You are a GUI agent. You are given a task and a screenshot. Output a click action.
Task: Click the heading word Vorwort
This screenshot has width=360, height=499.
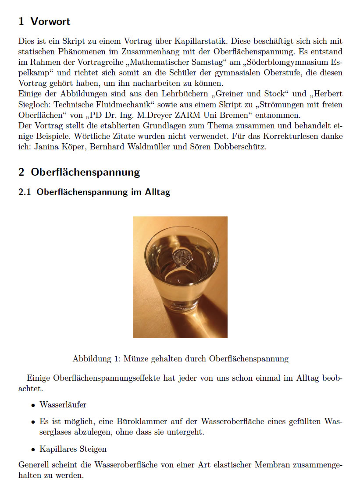(x=50, y=21)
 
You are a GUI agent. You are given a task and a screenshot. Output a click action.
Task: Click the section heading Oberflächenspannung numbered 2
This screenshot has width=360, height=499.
(x=85, y=172)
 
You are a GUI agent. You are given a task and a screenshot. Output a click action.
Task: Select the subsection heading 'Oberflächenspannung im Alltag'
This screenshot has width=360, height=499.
(x=103, y=192)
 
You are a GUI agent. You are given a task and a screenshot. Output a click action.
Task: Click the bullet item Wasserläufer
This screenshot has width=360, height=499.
(x=63, y=404)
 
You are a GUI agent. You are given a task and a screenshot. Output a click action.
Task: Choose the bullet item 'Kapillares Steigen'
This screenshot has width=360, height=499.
(x=73, y=449)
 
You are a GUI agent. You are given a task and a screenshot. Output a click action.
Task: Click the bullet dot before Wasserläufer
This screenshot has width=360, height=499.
(x=33, y=405)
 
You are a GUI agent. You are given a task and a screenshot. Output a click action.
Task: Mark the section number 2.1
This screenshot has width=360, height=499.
(x=25, y=192)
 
